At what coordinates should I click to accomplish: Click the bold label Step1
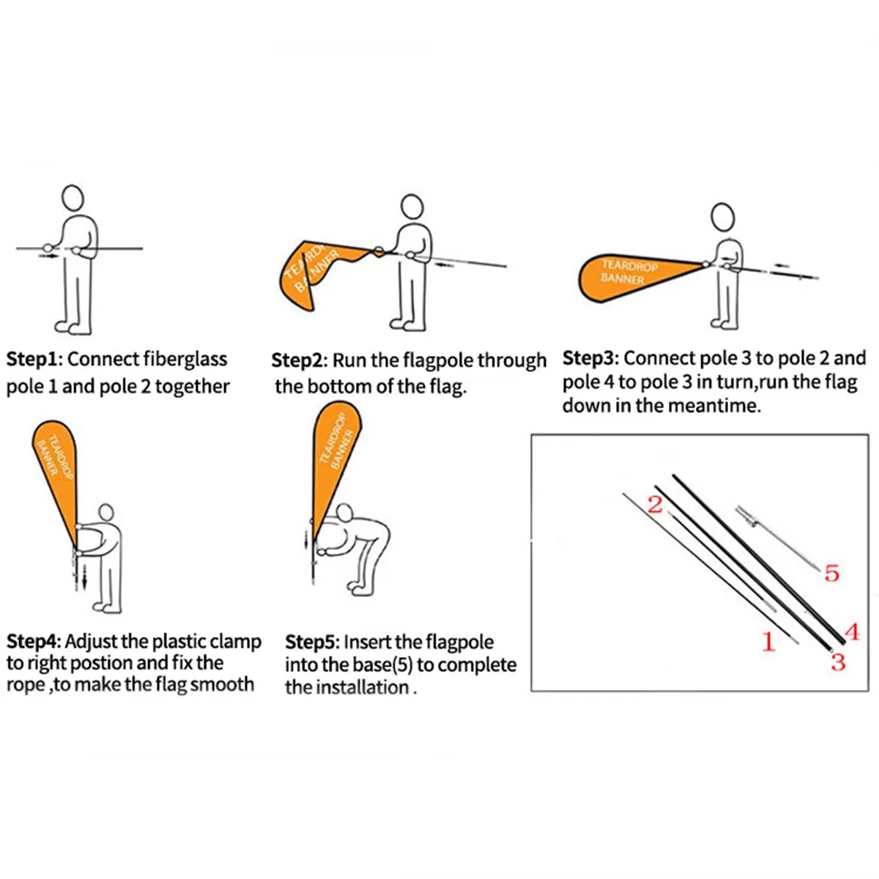32,360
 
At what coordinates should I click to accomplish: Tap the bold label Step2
297,361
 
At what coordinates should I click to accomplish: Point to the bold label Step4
32,642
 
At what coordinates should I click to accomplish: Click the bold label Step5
311,642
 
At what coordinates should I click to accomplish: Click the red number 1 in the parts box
768,642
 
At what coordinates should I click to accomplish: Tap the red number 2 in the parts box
655,505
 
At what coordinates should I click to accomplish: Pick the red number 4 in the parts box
852,633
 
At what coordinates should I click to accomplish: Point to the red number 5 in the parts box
832,574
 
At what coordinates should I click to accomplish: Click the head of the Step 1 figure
73,198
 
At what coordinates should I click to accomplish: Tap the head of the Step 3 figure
723,218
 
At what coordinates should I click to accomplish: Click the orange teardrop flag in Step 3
639,278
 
